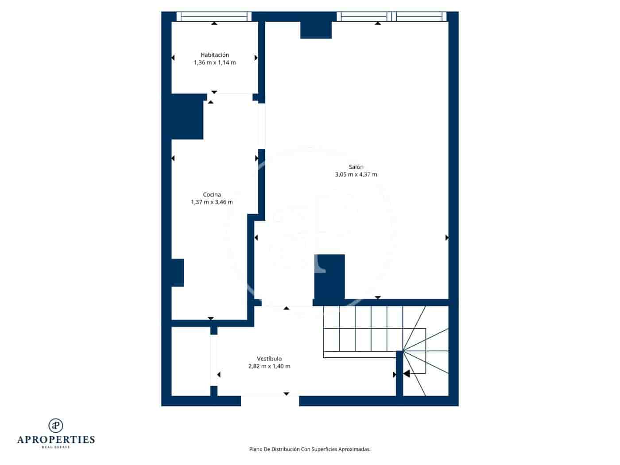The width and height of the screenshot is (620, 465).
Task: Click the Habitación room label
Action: pyautogui.click(x=215, y=55)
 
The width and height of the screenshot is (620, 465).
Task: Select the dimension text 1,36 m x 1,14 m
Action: pyautogui.click(x=215, y=63)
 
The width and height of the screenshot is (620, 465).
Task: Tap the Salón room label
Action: pyautogui.click(x=356, y=167)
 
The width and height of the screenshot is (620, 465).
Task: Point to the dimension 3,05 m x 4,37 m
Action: pyautogui.click(x=356, y=174)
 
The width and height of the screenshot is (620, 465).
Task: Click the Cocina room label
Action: pyautogui.click(x=212, y=194)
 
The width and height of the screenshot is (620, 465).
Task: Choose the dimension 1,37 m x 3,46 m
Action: pyautogui.click(x=212, y=202)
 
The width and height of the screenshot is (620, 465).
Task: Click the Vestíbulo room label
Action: pyautogui.click(x=269, y=359)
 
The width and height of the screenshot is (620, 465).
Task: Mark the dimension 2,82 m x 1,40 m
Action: pyautogui.click(x=269, y=366)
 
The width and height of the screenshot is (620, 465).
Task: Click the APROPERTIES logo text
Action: pyautogui.click(x=56, y=439)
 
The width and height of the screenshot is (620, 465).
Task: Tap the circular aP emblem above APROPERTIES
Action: pyautogui.click(x=56, y=425)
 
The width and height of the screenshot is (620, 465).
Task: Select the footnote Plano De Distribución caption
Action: pyautogui.click(x=310, y=449)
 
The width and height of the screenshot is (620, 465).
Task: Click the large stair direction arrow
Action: pyautogui.click(x=406, y=374)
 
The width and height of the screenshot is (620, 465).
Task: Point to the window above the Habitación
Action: pyautogui.click(x=214, y=17)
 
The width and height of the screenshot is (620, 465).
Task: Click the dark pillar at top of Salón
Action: pyautogui.click(x=316, y=30)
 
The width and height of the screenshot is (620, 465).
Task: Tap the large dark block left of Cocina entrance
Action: pyautogui.click(x=187, y=116)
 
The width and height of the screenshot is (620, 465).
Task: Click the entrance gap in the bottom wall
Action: pyautogui.click(x=270, y=401)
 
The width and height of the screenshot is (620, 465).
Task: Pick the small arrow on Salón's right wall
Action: pyautogui.click(x=447, y=238)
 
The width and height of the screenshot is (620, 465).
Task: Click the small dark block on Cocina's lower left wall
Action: pyautogui.click(x=178, y=272)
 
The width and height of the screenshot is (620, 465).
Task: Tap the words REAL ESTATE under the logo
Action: pyautogui.click(x=56, y=447)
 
